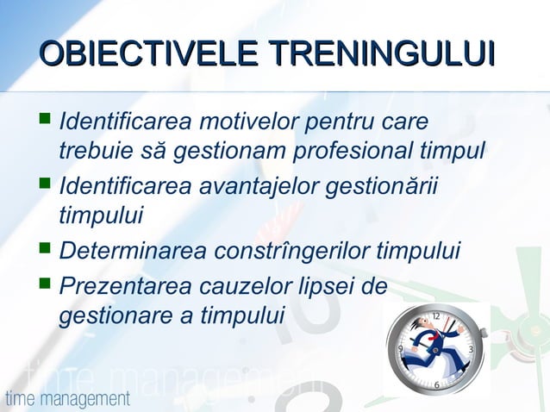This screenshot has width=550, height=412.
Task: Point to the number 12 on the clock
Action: (x=435, y=316)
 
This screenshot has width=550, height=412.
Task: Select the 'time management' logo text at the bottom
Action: (x=67, y=399)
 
